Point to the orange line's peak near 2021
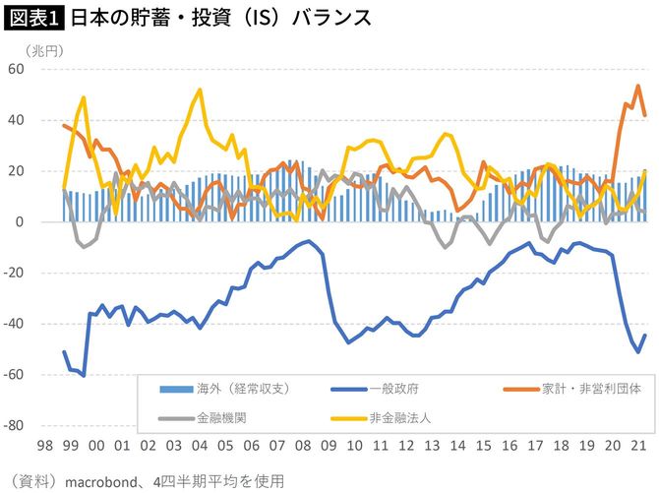click(x=637, y=86)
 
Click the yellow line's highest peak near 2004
click(x=201, y=90)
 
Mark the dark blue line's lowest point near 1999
click(x=84, y=376)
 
